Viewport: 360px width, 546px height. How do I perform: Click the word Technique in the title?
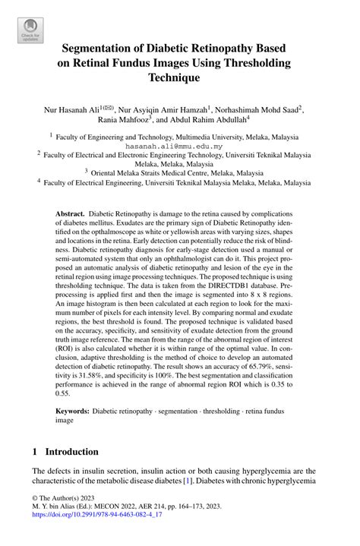click(179, 77)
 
